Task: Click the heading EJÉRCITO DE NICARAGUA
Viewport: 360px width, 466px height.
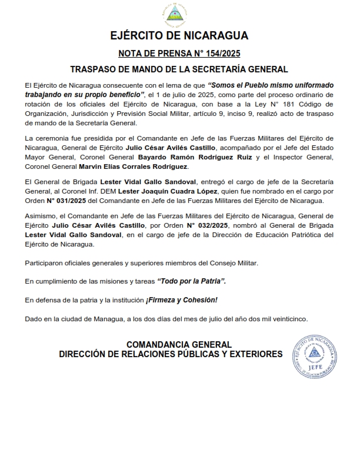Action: coord(179,36)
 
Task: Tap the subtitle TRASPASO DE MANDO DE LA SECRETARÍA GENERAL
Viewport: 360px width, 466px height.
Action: coord(179,69)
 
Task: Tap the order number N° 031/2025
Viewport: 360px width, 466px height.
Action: coord(63,201)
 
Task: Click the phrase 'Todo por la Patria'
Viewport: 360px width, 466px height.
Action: coord(191,281)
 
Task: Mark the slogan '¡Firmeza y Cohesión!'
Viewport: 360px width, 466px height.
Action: coord(181,300)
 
